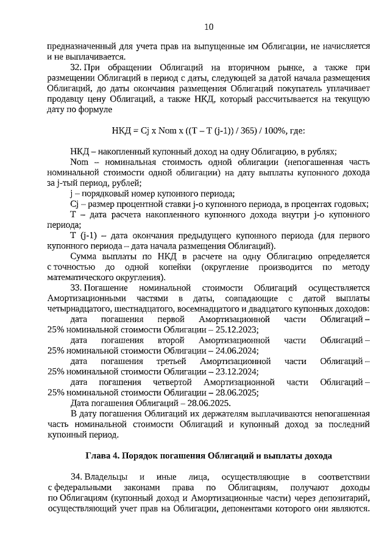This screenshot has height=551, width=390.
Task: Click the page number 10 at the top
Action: coord(208,26)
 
